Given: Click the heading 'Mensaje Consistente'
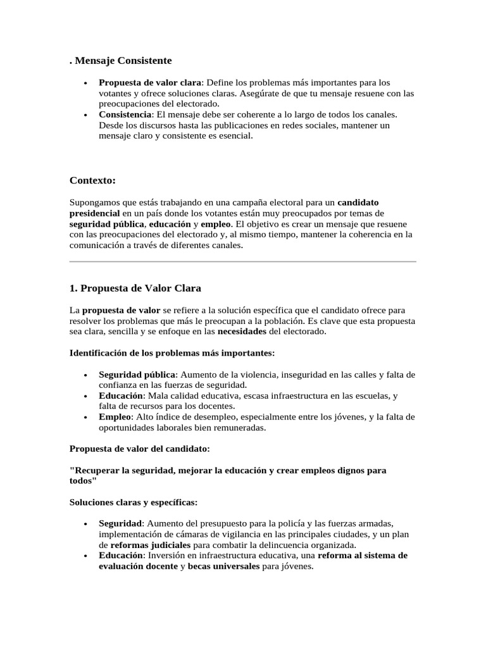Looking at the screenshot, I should coord(123,60).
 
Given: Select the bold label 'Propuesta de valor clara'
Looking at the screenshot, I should coord(149,82).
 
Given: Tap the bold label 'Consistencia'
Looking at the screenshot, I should coord(125,115).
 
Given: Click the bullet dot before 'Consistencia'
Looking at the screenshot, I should coord(85,115).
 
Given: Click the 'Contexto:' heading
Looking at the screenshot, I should coord(92,180).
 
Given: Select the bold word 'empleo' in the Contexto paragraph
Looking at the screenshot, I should coord(216,224).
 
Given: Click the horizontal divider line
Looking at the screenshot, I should coord(242,261).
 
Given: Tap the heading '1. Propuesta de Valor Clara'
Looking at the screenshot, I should coord(135,288).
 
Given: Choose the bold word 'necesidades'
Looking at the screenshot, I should coord(242,331).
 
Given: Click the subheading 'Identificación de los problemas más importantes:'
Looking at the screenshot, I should coord(171,352).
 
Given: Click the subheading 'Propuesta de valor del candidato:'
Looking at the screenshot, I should coord(139,449).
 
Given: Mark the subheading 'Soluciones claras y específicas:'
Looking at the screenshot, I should coord(134,502).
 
